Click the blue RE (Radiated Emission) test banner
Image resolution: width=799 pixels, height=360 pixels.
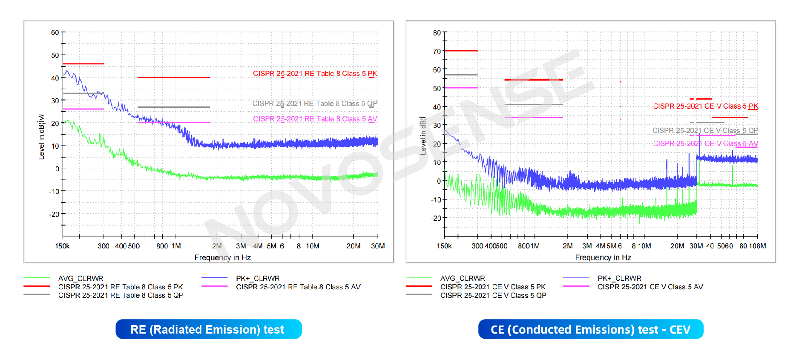coord(208,329)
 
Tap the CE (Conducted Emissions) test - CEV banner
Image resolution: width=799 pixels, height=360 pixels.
coord(590,329)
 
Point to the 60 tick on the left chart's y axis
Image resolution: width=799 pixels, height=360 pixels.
coord(55,33)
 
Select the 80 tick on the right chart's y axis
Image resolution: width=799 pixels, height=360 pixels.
coord(437,33)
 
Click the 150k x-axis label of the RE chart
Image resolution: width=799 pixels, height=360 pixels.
coord(62,246)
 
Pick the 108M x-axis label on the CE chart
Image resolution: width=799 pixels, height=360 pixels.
coord(757,246)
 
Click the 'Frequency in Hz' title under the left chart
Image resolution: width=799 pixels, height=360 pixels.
coord(222,258)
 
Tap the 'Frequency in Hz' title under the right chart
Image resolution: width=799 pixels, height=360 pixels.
coord(603,258)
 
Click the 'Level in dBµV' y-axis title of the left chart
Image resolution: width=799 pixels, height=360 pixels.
coord(41,137)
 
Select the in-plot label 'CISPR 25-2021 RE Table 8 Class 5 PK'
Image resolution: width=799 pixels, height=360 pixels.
coord(315,74)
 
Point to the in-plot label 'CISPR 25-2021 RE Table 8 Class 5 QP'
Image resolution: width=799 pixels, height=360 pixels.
coord(315,104)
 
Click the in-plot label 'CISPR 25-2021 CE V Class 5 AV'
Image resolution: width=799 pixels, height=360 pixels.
coord(705,144)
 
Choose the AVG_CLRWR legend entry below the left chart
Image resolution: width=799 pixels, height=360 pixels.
coord(80,278)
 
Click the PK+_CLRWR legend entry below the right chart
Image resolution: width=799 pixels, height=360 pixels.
coord(619,278)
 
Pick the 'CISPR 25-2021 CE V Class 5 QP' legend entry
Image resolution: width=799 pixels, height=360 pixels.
coord(493,295)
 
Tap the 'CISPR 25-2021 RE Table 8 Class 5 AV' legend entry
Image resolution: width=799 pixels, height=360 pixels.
coord(298,287)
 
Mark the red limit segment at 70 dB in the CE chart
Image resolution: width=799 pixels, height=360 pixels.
coord(461,51)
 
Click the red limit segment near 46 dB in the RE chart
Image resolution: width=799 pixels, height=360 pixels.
coord(83,64)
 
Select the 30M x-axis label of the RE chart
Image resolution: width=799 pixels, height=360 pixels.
coord(378,246)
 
